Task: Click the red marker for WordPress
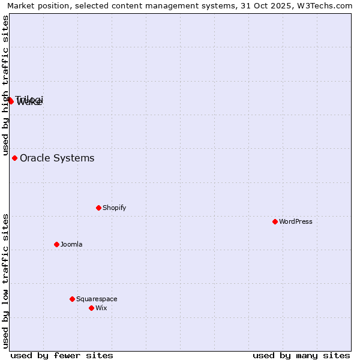[x=275, y=221]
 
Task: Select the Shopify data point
[x=98, y=208]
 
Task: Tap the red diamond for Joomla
[x=56, y=244]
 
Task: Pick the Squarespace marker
[x=72, y=299]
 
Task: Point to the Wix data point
[x=91, y=308]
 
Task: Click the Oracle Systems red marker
[x=14, y=158]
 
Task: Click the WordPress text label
[x=296, y=221]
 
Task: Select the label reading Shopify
[x=114, y=208]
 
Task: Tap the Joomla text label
[x=71, y=244]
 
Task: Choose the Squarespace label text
[x=97, y=299]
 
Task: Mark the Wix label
[x=101, y=308]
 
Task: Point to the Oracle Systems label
[x=57, y=158]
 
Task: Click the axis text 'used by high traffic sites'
[x=5, y=85]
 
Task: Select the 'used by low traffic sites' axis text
[x=5, y=280]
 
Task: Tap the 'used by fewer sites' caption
[x=62, y=355]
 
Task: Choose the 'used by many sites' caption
[x=301, y=355]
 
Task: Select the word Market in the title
[x=21, y=6]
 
